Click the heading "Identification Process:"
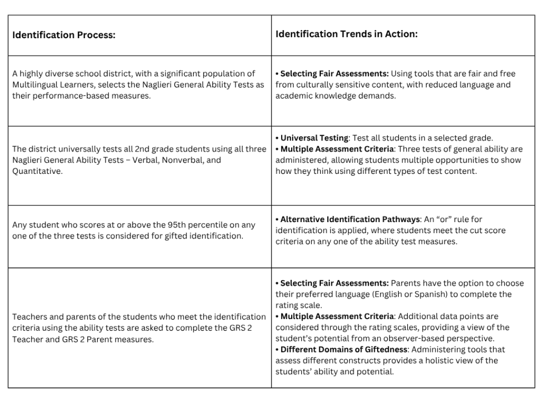[x=64, y=36]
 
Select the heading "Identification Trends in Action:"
[x=346, y=34]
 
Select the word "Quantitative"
[x=36, y=171]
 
